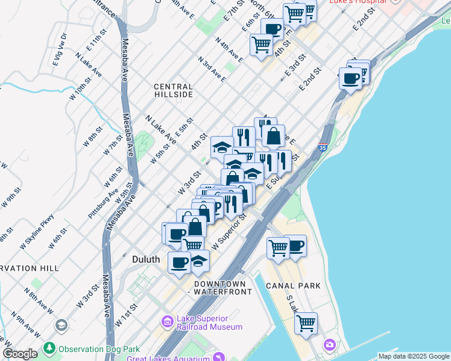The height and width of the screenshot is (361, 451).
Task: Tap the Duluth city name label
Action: pos(146,259)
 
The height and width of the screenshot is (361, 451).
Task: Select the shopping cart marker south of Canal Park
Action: pos(306,323)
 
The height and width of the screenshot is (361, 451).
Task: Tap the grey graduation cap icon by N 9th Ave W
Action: pos(60,326)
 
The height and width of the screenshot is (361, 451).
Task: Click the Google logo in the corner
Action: pos(20,354)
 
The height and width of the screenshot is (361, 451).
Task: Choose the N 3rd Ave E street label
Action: pos(212,69)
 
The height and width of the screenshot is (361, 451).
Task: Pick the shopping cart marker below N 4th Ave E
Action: pos(261,45)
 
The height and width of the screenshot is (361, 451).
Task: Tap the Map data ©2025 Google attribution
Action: pos(413,356)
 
